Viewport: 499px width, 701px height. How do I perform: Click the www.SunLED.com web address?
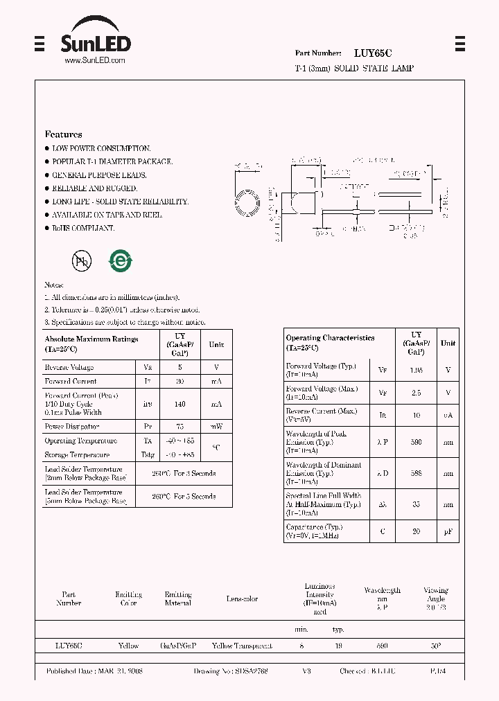(x=94, y=61)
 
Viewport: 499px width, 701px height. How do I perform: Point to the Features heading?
(x=63, y=134)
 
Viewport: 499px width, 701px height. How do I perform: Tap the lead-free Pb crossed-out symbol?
(x=82, y=261)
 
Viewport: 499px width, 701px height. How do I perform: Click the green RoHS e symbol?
(x=120, y=261)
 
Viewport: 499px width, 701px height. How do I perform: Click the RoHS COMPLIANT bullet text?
(x=83, y=228)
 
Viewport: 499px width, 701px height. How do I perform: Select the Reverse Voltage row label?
(x=69, y=367)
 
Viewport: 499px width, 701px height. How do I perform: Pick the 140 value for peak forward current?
(x=180, y=403)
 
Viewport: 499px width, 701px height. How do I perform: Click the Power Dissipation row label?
(x=72, y=427)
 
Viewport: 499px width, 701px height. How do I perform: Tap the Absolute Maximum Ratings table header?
(x=91, y=344)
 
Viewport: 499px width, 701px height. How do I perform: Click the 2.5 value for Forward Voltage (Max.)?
(x=416, y=393)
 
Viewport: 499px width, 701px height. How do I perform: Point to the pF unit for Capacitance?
(x=448, y=531)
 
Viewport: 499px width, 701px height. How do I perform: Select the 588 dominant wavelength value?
(x=416, y=474)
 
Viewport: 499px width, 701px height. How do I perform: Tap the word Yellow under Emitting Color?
(x=128, y=646)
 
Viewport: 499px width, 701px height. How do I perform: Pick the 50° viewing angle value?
(x=435, y=646)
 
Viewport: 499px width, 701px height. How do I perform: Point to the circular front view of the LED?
(x=248, y=202)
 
